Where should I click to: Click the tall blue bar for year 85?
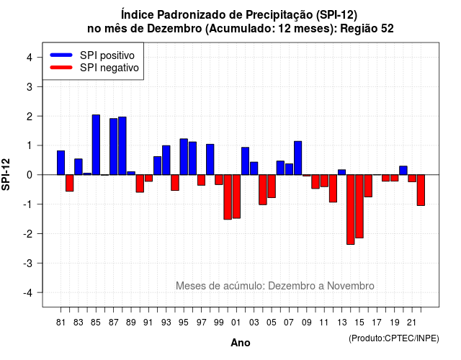(x=96, y=145)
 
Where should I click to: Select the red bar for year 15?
(x=359, y=207)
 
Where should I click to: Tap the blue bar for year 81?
(x=61, y=163)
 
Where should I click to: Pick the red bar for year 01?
(x=236, y=197)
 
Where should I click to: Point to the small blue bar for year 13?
(x=341, y=172)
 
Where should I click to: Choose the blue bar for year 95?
(x=184, y=157)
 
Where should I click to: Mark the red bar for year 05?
(x=272, y=186)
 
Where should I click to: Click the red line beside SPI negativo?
(x=61, y=68)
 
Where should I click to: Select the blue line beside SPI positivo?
(x=61, y=55)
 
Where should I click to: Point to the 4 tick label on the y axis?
(x=30, y=58)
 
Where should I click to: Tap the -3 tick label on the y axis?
(x=28, y=264)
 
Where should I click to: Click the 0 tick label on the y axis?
(x=30, y=175)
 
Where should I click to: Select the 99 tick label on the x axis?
(x=219, y=323)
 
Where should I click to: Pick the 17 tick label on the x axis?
(x=377, y=323)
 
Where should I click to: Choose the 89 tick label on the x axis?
(x=131, y=323)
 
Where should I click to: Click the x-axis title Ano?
(x=241, y=343)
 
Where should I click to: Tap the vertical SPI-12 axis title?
(x=6, y=174)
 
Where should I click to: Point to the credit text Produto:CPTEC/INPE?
(x=394, y=338)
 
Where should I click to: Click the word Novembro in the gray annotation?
(x=351, y=286)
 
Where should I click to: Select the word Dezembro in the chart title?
(x=174, y=29)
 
